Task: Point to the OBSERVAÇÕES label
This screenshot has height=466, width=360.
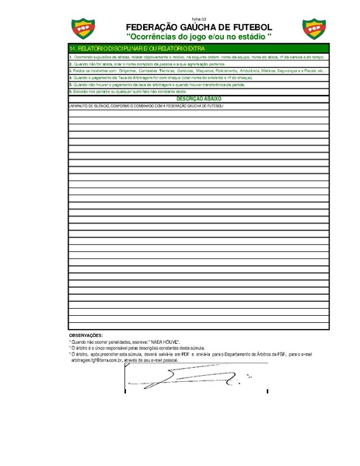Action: click(86, 335)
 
